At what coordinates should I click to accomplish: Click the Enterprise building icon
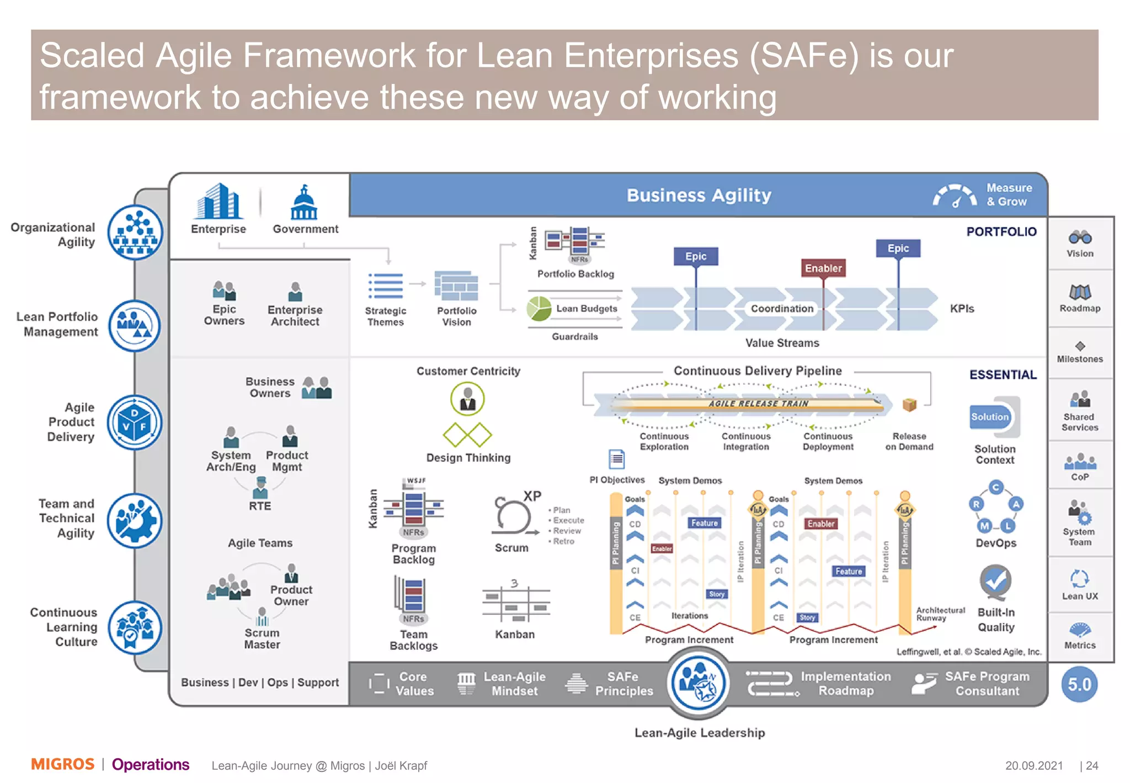tap(218, 202)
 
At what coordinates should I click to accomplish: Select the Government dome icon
tap(304, 203)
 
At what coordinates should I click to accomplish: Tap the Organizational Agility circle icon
tap(135, 232)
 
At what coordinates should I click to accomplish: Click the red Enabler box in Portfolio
tap(823, 268)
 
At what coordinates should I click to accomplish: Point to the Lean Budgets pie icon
tap(539, 309)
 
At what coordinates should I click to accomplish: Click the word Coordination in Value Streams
tap(782, 309)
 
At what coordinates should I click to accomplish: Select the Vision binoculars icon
tap(1080, 238)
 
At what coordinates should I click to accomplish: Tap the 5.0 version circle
tap(1079, 685)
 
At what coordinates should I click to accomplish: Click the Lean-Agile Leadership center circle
tap(699, 683)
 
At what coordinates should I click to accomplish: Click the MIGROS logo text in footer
tap(63, 764)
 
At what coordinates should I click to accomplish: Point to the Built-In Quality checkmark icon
tap(995, 581)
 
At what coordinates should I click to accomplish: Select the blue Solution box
tap(990, 417)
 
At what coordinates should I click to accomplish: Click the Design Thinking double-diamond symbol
tap(467, 435)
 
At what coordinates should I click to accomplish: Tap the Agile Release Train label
tap(758, 404)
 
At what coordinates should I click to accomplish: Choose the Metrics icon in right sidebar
tap(1080, 630)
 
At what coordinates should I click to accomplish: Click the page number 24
tap(1092, 766)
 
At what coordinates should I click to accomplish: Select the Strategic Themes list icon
tap(386, 286)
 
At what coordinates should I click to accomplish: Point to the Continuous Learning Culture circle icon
tap(135, 628)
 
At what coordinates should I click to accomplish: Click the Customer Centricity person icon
tap(467, 399)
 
